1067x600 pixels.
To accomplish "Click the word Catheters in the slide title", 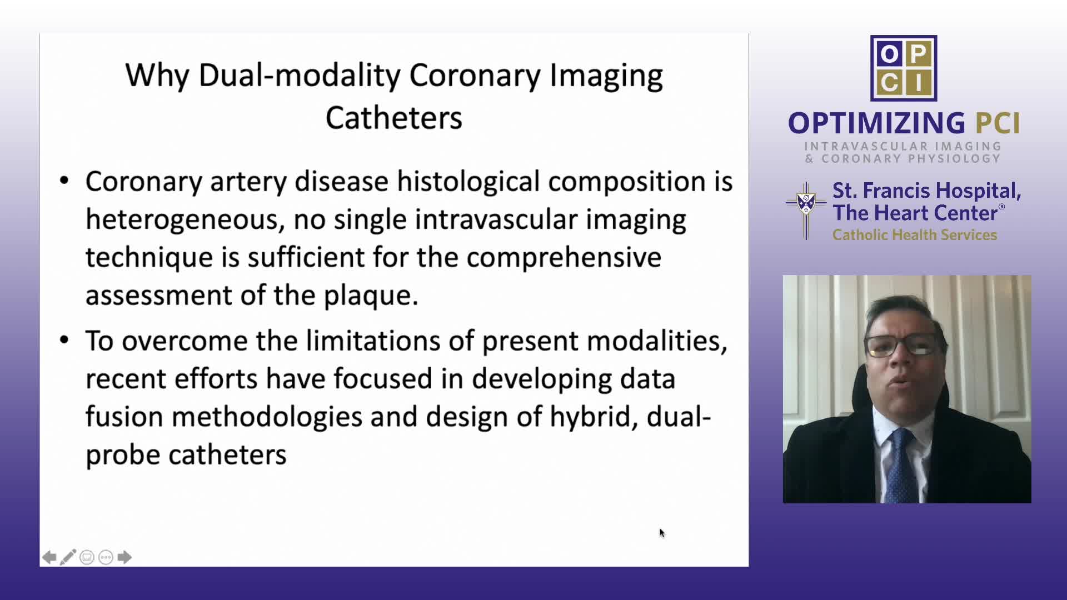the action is coord(394,118).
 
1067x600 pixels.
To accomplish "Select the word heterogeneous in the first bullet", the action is coord(185,219).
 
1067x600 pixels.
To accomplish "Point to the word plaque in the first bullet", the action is coord(371,296).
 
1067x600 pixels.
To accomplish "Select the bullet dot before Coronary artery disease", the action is coord(64,181).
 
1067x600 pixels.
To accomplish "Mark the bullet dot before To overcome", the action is coord(64,340).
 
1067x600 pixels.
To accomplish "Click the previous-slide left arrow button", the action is coord(49,557).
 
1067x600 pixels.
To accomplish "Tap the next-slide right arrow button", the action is coord(124,557).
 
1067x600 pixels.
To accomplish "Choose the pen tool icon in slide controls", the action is coord(68,557).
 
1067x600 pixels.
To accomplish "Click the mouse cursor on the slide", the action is coord(662,533).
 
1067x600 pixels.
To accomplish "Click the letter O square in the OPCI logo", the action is coord(888,54).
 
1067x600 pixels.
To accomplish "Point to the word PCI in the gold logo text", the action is coord(998,123).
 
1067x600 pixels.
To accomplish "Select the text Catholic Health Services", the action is coord(915,235).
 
